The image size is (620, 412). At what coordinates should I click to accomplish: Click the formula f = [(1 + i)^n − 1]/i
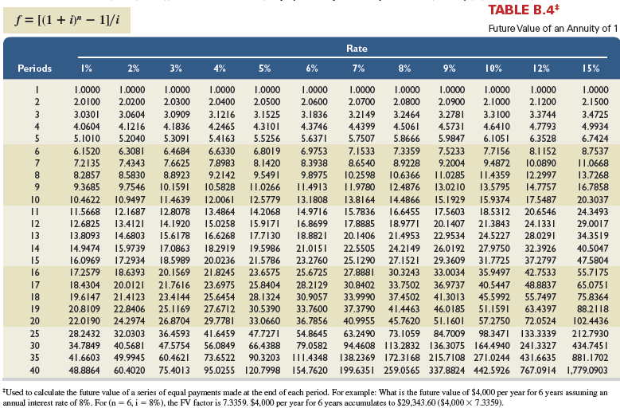(x=67, y=20)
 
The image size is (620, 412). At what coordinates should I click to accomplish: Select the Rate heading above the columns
(x=357, y=49)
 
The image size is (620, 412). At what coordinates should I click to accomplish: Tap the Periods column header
(x=35, y=68)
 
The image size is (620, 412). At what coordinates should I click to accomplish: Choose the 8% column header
(x=404, y=68)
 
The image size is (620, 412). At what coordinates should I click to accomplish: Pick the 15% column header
(x=591, y=68)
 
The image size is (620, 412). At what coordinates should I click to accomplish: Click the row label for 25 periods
(x=35, y=334)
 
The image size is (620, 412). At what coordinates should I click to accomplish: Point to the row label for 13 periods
(x=35, y=236)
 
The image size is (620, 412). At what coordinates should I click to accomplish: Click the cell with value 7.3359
(x=407, y=151)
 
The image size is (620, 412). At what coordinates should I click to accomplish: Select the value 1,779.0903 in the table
(x=587, y=371)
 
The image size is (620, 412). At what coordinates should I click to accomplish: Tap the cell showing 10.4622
(x=84, y=200)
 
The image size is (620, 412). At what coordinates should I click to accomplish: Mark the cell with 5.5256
(x=267, y=139)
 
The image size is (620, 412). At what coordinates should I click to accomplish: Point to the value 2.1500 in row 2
(x=595, y=102)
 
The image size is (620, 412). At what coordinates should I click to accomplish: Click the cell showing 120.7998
(x=263, y=371)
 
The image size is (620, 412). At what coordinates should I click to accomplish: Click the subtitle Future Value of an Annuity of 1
(x=553, y=29)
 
